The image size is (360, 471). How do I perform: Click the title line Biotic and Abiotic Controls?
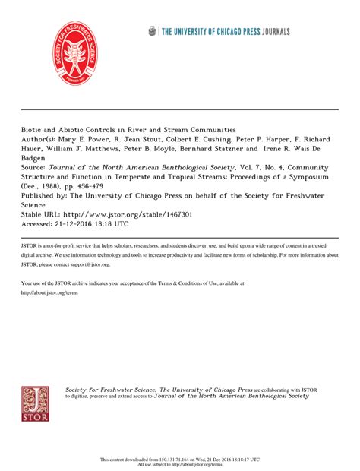pos(128,129)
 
